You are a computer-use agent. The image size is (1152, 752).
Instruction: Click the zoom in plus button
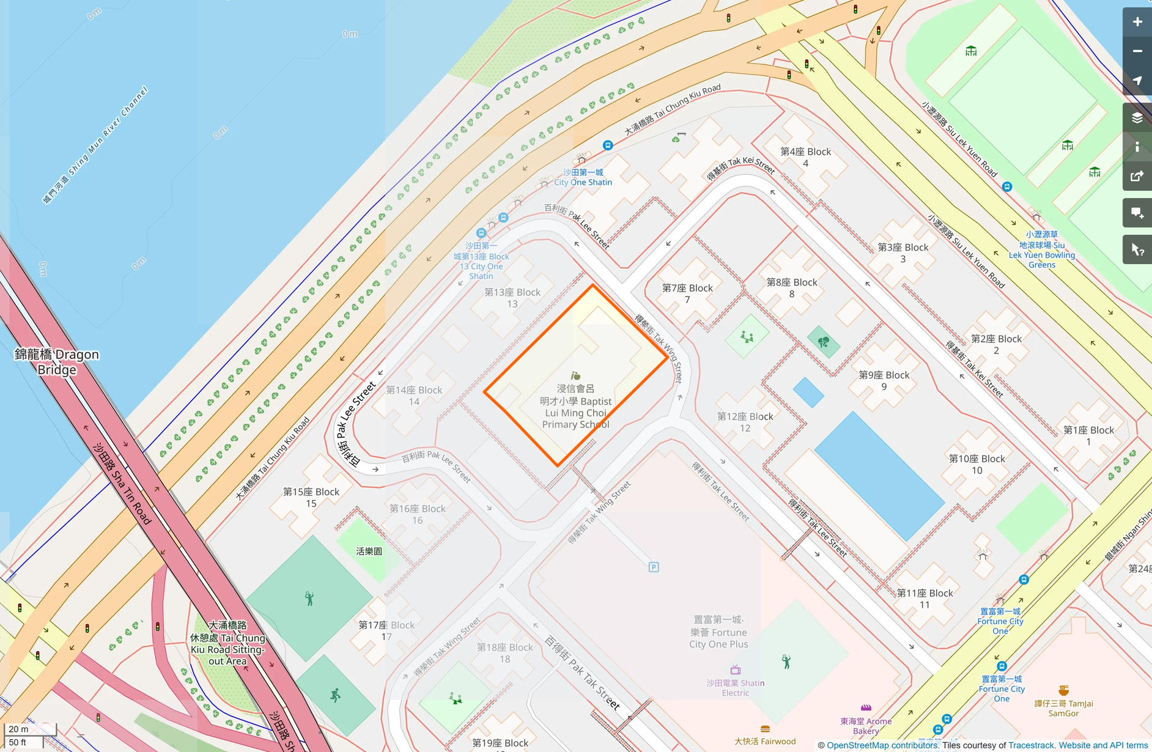point(1137,22)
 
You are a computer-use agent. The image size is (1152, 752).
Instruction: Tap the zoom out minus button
point(1137,51)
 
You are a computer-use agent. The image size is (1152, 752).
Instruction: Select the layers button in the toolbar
point(1137,117)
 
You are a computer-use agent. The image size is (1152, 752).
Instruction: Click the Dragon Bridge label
point(57,362)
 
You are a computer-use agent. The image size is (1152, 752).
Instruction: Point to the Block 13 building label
point(512,298)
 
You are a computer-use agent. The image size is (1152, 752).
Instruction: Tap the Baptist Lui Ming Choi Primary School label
point(575,407)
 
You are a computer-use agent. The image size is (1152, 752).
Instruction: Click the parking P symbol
point(654,567)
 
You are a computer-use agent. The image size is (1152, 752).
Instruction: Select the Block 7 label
point(687,293)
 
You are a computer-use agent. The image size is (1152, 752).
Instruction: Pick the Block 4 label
point(805,157)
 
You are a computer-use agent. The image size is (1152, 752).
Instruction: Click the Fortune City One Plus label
point(718,632)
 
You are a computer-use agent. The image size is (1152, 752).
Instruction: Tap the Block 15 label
point(311,498)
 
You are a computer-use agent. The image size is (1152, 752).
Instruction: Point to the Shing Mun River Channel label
point(95,145)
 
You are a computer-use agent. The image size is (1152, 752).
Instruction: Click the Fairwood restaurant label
point(765,741)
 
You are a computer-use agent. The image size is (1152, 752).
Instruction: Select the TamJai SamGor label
point(1063,708)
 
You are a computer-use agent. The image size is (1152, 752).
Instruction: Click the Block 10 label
point(977,464)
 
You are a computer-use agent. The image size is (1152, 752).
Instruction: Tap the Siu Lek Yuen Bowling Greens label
point(1042,249)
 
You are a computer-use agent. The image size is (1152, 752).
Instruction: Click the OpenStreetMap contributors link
point(882,745)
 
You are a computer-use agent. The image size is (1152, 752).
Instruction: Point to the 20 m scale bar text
point(18,729)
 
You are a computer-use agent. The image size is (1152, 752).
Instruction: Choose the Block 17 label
point(386,630)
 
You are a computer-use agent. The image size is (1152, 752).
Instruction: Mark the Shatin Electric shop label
point(736,688)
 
